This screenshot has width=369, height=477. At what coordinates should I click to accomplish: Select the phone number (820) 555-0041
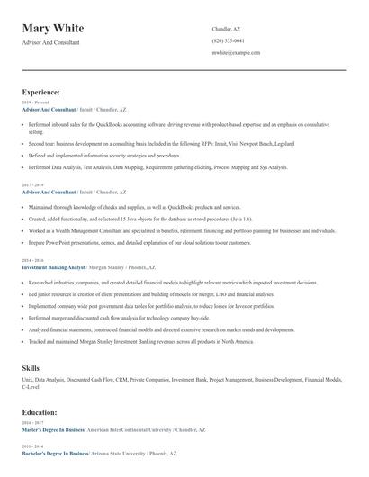pos(228,40)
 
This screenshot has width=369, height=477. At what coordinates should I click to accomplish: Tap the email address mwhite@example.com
pos(236,52)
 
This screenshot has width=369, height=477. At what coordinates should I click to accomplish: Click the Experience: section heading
pos(41,92)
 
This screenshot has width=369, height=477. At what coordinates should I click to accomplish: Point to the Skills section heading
pos(31,368)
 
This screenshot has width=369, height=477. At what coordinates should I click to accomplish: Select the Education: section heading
pos(40,412)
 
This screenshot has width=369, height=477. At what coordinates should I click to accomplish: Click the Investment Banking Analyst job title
pos(53,267)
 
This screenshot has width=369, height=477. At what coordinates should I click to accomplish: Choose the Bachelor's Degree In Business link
pos(56,453)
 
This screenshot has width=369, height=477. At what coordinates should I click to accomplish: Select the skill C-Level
pos(32,388)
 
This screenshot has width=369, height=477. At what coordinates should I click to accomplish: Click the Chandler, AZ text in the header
pos(226,29)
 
